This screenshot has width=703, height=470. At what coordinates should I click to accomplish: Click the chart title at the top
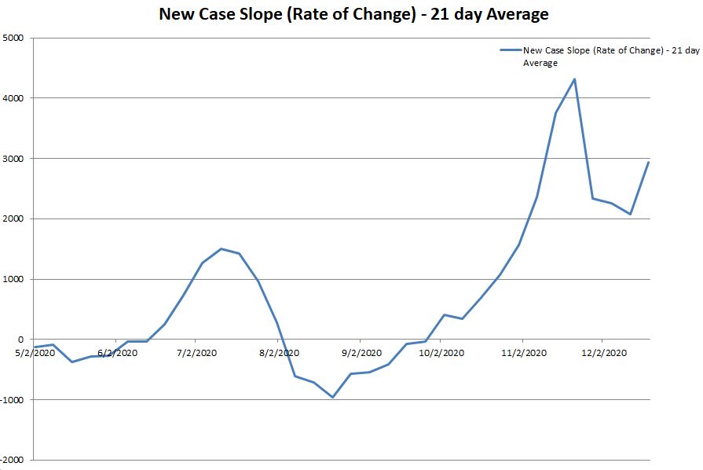(x=353, y=14)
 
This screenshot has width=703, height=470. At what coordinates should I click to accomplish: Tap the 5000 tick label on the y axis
(x=13, y=38)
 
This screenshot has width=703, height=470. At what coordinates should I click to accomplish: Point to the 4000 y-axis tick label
(x=13, y=98)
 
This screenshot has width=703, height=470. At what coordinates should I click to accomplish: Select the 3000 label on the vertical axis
(x=13, y=159)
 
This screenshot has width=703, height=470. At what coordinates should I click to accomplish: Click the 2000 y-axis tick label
(x=13, y=219)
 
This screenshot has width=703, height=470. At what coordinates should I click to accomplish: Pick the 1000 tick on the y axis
(x=13, y=279)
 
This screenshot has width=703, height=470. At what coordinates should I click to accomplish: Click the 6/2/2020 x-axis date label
(x=117, y=353)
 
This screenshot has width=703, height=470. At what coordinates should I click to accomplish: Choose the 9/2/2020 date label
(x=362, y=353)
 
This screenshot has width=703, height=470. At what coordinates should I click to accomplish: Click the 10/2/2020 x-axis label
(x=441, y=353)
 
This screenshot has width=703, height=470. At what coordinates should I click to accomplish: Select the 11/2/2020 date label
(x=523, y=353)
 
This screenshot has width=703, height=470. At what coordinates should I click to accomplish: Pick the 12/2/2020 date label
(x=602, y=353)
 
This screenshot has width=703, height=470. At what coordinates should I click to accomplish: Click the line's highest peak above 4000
(x=575, y=79)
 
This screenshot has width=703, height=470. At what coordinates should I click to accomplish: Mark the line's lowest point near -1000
(x=332, y=397)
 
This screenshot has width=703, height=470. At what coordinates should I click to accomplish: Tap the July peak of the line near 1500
(x=221, y=248)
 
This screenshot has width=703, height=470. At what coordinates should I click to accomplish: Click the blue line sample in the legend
(x=510, y=50)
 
